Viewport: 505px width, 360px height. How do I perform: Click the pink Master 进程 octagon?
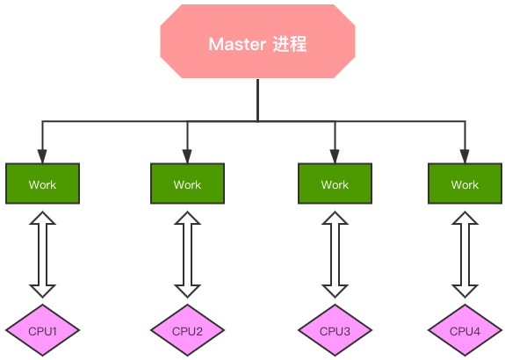click(x=257, y=41)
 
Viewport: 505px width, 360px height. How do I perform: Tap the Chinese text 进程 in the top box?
click(x=291, y=44)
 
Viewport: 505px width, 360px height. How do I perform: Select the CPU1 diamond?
click(x=42, y=331)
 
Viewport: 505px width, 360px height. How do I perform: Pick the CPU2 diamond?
click(x=187, y=331)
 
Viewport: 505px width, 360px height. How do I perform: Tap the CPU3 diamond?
click(x=335, y=331)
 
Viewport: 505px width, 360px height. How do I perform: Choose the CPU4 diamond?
click(x=465, y=331)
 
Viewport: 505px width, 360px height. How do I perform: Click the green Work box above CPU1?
click(x=42, y=184)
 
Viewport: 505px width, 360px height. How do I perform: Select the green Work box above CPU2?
click(x=187, y=184)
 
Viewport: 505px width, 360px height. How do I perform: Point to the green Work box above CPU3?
click(x=335, y=184)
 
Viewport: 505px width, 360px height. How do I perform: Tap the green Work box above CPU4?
click(x=465, y=184)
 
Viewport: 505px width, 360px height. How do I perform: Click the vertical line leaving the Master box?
click(x=257, y=99)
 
